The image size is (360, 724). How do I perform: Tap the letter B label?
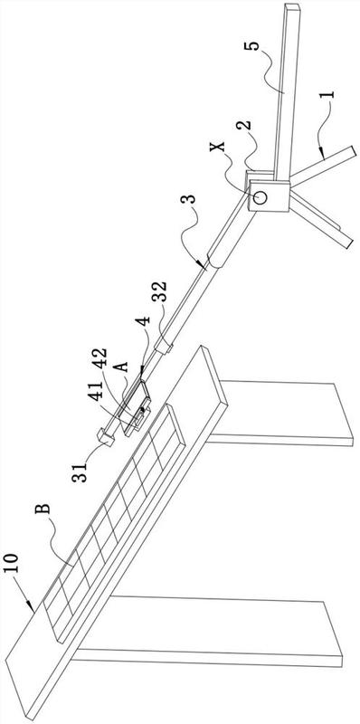tap(43, 510)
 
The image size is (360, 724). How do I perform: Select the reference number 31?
tap(79, 472)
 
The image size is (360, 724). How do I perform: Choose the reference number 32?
tap(160, 291)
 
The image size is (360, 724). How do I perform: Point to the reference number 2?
tap(244, 125)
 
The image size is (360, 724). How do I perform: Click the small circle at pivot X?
tap(261, 197)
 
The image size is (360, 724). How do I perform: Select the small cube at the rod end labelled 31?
tap(106, 438)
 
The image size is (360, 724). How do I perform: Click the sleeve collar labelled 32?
tap(165, 347)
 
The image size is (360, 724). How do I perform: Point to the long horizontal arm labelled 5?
tap(287, 91)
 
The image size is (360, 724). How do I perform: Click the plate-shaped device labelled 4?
tap(135, 405)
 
